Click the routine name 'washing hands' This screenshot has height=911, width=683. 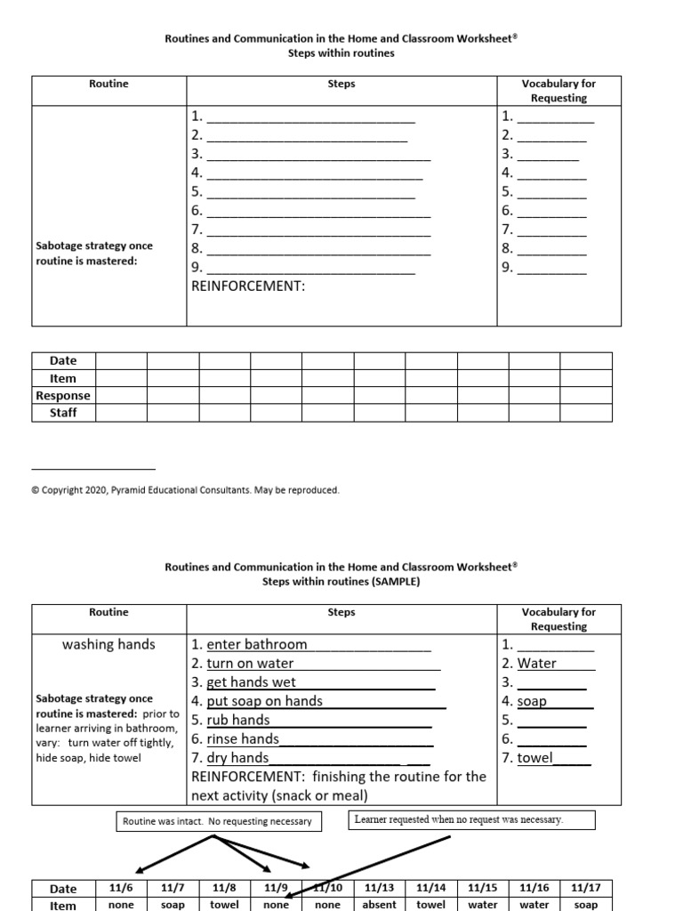pos(108,644)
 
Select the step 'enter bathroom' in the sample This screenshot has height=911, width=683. pos(257,644)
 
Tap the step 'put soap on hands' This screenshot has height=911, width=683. pos(265,701)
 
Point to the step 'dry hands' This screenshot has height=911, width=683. pos(237,758)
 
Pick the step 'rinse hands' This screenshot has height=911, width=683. pos(243,738)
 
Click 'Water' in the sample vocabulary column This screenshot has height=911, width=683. pos(537,663)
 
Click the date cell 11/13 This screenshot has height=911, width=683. pos(380,888)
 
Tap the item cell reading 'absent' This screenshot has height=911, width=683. pos(380,905)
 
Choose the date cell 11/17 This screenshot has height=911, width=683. pos(586,888)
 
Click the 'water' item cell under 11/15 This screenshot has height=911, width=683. pos(483,905)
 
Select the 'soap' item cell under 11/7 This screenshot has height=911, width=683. pos(173,905)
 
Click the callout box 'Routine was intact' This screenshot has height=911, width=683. pos(217,821)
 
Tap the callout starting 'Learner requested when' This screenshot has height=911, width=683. pos(470,819)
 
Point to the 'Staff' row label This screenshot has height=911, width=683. pos(63,413)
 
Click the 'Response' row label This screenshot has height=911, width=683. pos(63,396)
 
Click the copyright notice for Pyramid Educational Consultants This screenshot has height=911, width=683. pos(185,490)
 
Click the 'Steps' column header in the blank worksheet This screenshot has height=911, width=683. pos(341,84)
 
